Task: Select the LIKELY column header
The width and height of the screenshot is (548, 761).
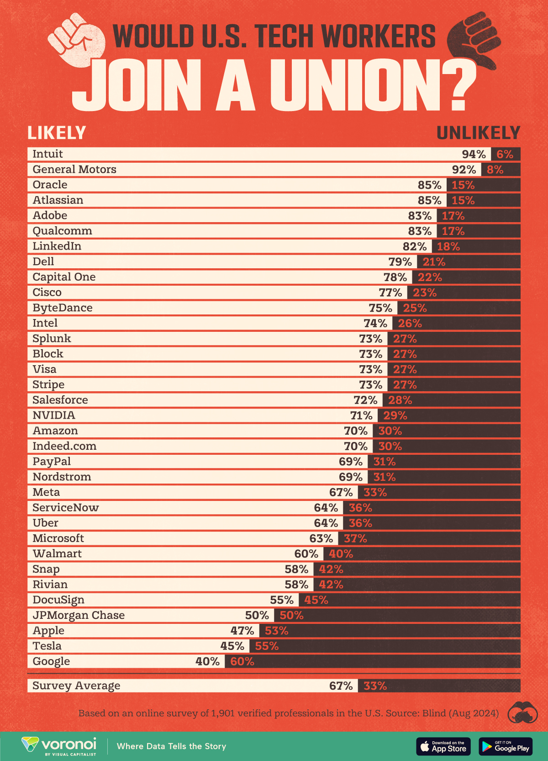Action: point(57,133)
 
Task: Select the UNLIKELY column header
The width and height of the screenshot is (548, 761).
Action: point(478,133)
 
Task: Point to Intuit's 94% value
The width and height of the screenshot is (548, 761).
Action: point(474,154)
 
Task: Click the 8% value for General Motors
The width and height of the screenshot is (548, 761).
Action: point(495,170)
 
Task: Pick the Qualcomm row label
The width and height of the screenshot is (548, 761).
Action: point(62,231)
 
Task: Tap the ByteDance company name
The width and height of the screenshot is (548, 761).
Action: point(62,308)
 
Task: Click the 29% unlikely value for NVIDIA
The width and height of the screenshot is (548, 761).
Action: point(395,415)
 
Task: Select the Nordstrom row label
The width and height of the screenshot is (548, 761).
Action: point(62,477)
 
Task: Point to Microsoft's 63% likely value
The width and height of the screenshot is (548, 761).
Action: point(321,538)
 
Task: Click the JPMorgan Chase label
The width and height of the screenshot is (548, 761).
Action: point(79,615)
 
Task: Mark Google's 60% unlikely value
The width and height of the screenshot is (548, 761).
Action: point(242,661)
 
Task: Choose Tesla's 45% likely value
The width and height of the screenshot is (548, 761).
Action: point(232,646)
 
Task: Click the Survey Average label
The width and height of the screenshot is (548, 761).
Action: point(76,686)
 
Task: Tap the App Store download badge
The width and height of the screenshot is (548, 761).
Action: point(443,746)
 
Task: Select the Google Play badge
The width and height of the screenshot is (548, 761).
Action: point(506,746)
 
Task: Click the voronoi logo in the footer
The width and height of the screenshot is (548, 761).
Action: point(59,745)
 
